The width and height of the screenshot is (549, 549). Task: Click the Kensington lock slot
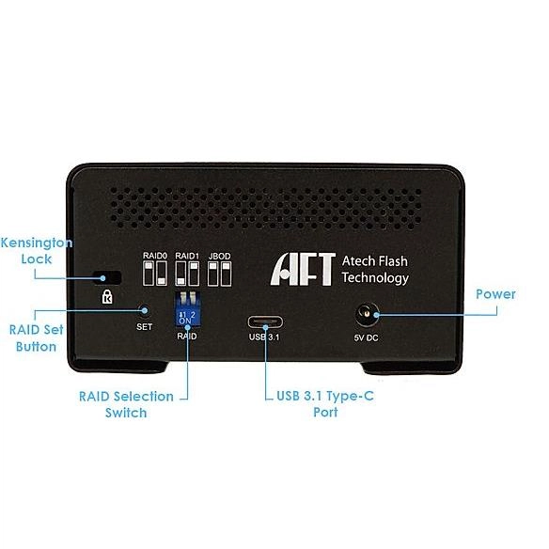[x=107, y=277]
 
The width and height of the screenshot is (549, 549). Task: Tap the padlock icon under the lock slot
[x=107, y=296]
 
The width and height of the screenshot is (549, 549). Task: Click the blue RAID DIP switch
[x=187, y=308]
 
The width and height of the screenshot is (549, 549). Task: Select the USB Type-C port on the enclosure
[x=265, y=322]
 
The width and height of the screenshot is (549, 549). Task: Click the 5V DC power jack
[x=367, y=314]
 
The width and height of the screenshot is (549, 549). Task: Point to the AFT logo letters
[x=303, y=269]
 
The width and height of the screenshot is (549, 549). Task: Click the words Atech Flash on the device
[x=375, y=261]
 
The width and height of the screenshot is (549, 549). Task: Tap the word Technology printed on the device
[x=375, y=277]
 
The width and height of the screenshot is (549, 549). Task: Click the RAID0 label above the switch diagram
[x=155, y=256]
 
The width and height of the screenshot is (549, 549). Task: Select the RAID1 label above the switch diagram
[x=187, y=256]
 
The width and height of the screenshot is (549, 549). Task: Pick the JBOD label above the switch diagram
[x=220, y=256]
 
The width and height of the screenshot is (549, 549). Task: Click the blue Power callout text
[x=495, y=294]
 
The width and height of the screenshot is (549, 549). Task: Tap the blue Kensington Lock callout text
[x=37, y=251]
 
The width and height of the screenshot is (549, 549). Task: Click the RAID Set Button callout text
[x=36, y=337]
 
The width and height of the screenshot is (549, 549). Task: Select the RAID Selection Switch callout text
[x=126, y=404]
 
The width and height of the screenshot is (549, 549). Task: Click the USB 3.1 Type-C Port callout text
[x=325, y=403]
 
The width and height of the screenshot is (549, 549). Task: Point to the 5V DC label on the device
[x=366, y=337]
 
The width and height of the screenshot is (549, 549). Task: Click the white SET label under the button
[x=144, y=326]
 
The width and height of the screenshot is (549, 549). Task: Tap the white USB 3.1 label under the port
[x=264, y=337]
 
